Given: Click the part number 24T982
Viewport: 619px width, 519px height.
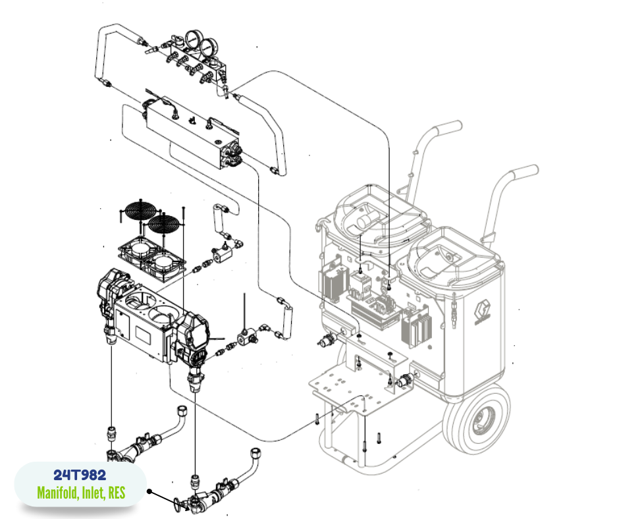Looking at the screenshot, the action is [80, 475].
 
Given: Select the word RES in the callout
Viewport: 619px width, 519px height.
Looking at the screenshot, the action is [117, 493].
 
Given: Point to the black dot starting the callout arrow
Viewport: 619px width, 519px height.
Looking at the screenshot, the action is [149, 491].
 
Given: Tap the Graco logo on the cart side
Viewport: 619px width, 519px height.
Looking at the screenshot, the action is [483, 312].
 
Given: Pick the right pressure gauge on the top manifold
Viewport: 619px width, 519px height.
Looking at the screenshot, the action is [208, 48].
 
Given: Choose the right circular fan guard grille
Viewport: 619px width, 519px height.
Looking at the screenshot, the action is [163, 225].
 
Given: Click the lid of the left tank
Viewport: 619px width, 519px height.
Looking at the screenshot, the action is [380, 215].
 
